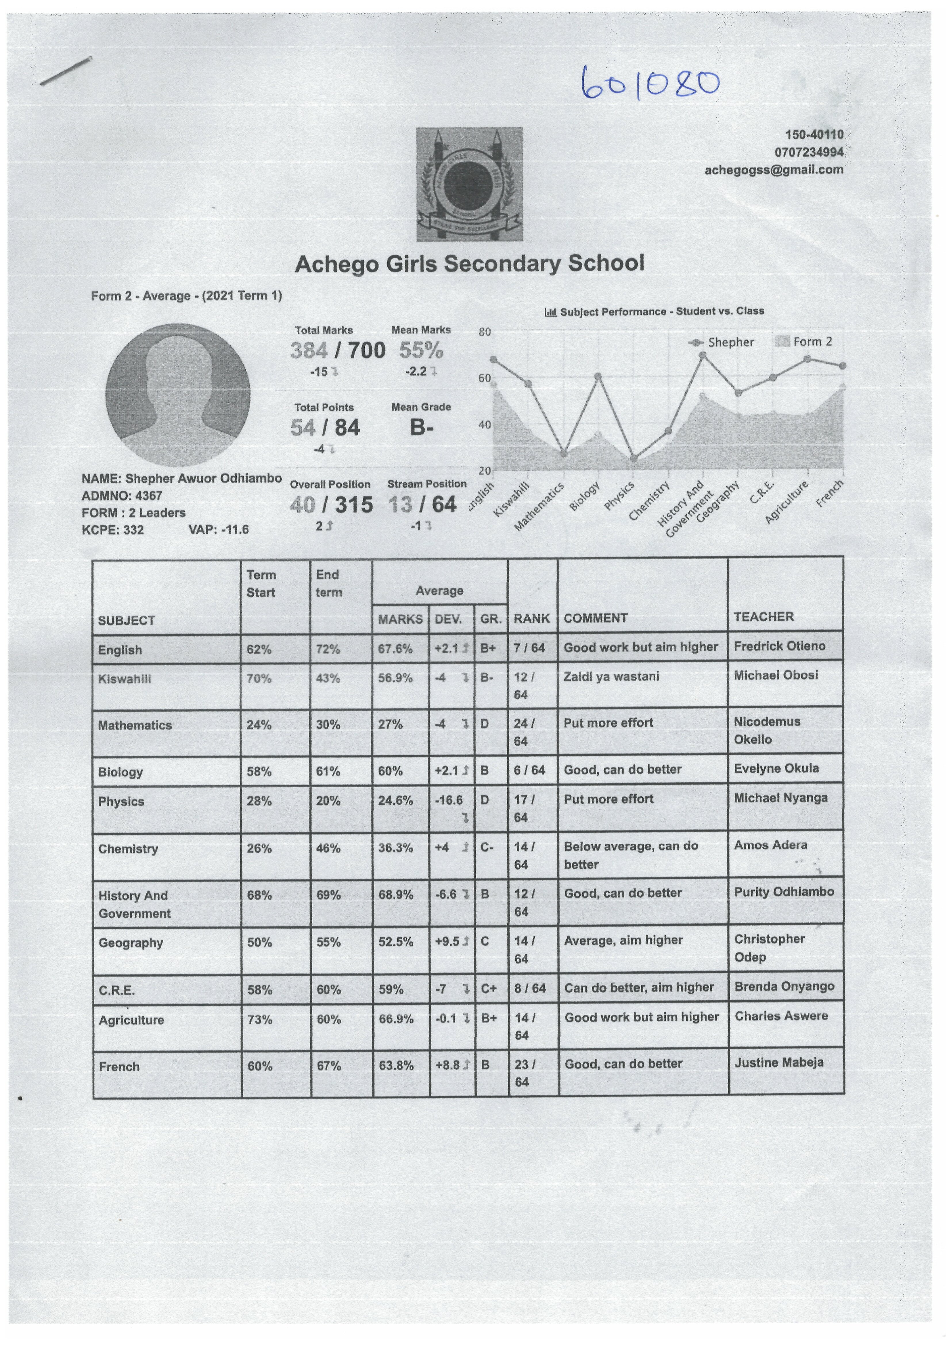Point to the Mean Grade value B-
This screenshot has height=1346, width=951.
[421, 427]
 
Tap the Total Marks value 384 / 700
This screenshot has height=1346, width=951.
[338, 351]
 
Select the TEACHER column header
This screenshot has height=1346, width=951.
[764, 617]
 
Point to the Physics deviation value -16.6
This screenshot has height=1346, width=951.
[449, 800]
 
